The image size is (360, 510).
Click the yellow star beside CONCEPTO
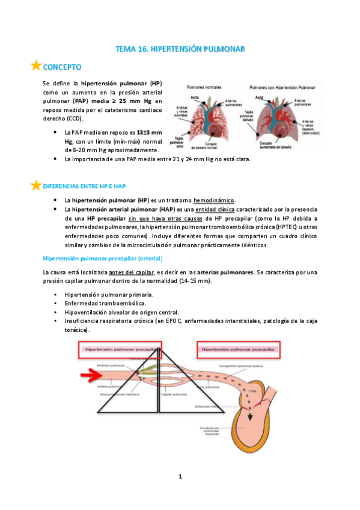pos(36,66)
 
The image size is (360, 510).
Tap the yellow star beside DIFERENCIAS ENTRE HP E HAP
pos(36,185)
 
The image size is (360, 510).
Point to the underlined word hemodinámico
pos(215,200)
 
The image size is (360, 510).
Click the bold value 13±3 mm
pos(148,131)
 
